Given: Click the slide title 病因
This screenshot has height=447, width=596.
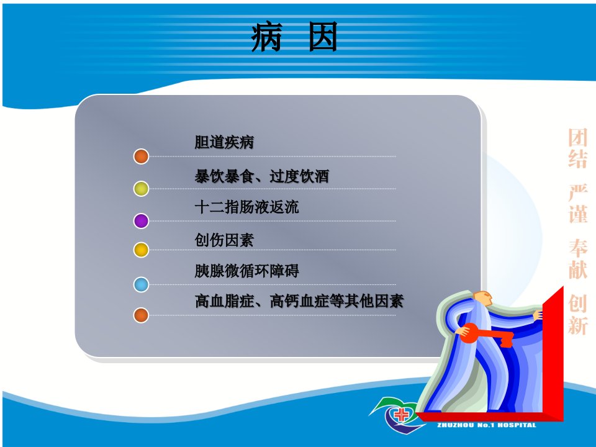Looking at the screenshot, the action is pos(294,37).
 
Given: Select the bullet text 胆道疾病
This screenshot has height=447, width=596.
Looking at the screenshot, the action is pos(224,142).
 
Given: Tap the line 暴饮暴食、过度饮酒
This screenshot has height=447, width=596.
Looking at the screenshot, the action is pos(262,176).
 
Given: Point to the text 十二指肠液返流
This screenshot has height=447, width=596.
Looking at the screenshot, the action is pos(246,207).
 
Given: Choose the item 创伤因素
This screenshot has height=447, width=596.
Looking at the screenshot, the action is pos(224,240).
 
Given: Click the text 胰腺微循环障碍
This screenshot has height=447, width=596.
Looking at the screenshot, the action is pos(246,271).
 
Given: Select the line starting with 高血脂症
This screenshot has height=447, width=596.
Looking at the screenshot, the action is pos(299,301).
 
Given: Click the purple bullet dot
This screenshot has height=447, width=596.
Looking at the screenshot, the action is pos(141,221).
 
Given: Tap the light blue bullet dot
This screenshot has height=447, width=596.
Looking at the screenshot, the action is pos(141,284).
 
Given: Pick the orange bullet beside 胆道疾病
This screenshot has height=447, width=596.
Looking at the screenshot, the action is pos(141,156).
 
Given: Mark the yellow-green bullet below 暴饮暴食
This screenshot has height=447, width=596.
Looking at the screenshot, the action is pos(141,189).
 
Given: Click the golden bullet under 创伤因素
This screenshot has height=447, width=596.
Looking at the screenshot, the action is pos(141,250).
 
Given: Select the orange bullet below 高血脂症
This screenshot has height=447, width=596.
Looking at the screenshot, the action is pos(141,315).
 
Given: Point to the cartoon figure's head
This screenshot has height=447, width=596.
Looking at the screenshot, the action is pos(483,299).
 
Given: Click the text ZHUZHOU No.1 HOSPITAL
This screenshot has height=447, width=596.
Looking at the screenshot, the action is pos(487,425).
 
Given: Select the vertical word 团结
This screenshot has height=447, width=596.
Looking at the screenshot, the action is pos(578,148).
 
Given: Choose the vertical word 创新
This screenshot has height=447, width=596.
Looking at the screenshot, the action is pos(578,314).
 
